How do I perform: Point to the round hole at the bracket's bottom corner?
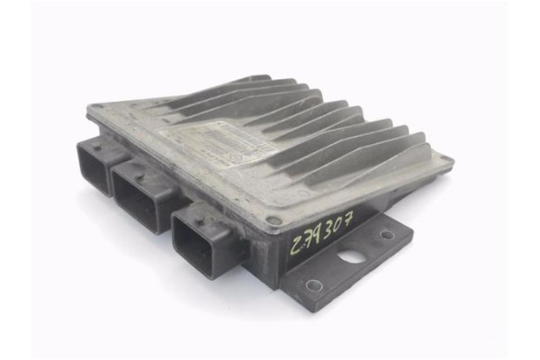pyautogui.click(x=313, y=285)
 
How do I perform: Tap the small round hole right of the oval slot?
pyautogui.click(x=387, y=235)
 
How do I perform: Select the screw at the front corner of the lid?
pyautogui.click(x=272, y=219)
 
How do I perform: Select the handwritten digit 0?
pyautogui.click(x=337, y=225)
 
